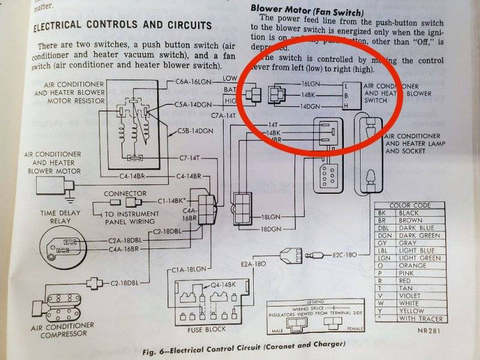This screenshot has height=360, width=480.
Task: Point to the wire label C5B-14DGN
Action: pos(195,130)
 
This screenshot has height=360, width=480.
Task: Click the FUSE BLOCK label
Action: pos(207,329)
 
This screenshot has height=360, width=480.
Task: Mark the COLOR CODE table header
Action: pos(409,205)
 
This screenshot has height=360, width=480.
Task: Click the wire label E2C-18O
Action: pos(344,255)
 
